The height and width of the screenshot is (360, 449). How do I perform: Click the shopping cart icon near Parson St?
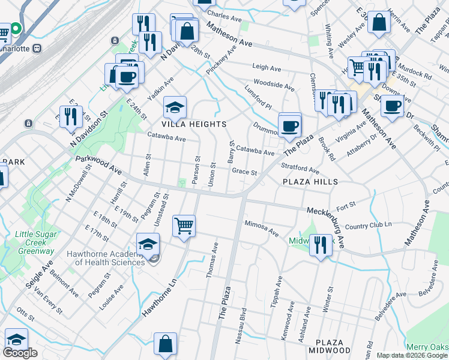[x=184, y=226]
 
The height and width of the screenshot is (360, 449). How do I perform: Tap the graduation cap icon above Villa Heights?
[x=175, y=107]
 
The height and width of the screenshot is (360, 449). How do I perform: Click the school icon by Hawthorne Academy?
[x=148, y=244]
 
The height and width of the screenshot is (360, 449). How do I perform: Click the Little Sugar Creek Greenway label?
[x=35, y=242]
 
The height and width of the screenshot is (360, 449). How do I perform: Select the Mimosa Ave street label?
[x=262, y=228]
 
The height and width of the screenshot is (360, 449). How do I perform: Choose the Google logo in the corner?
[x=20, y=353]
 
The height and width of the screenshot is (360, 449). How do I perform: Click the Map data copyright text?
[x=412, y=355]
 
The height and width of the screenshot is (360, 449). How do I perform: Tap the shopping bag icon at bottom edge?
[x=165, y=344]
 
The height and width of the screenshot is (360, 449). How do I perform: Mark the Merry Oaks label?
[x=427, y=347]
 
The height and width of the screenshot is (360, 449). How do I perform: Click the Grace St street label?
[x=244, y=172]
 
